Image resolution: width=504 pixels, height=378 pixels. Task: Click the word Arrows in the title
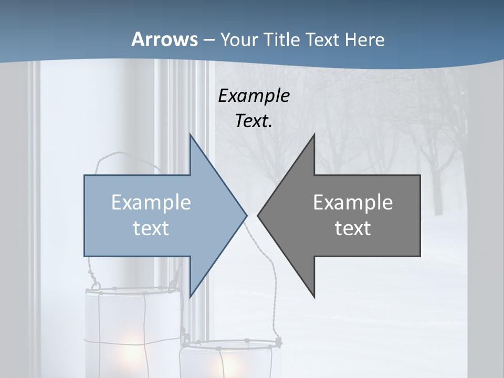(164, 39)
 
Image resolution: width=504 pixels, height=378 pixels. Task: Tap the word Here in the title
(364, 39)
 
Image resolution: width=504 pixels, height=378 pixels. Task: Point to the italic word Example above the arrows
(254, 96)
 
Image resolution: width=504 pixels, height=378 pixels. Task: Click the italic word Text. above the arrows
(254, 121)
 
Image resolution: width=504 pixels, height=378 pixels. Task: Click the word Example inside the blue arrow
(151, 202)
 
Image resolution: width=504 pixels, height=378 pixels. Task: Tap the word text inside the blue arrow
(151, 228)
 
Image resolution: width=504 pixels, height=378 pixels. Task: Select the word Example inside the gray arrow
(353, 202)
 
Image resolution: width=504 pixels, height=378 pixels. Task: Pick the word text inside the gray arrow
(353, 228)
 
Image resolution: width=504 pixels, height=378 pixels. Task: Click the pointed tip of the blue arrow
(246, 215)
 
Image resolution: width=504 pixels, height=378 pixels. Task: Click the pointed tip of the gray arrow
(258, 215)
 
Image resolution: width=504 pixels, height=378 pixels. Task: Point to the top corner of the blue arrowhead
(190, 135)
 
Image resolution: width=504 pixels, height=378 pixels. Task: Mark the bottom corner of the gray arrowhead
(314, 297)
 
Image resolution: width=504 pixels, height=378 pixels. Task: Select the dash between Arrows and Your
(208, 40)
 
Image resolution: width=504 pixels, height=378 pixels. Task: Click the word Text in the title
(322, 39)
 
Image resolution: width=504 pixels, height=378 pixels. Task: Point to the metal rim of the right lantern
(231, 344)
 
